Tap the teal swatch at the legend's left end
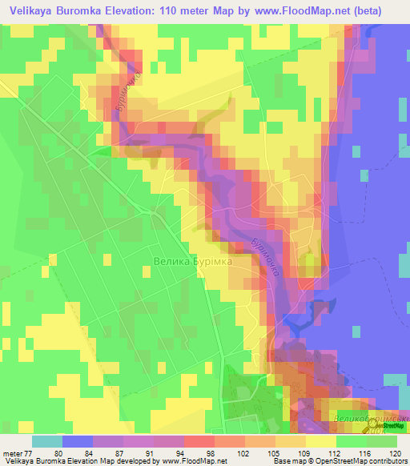click(47, 440)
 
